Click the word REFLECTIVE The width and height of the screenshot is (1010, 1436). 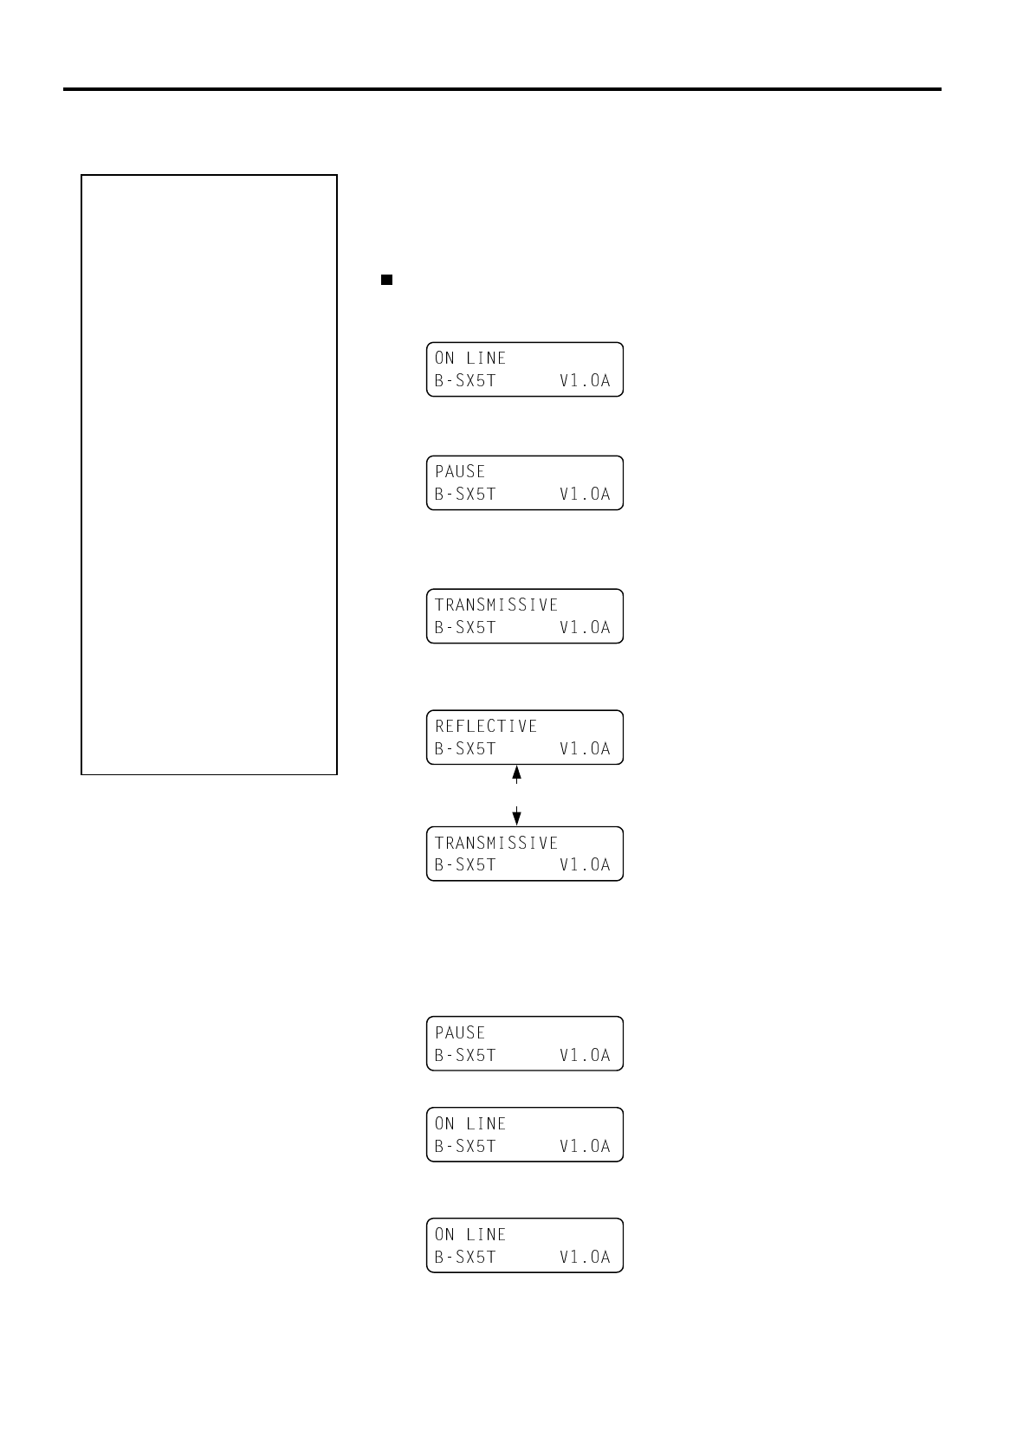(486, 726)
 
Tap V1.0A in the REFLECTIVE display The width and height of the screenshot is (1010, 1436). (585, 748)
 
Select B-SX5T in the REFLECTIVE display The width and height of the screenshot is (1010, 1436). (465, 748)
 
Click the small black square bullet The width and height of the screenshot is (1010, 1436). (387, 280)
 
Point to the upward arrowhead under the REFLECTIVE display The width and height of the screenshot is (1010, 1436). (517, 772)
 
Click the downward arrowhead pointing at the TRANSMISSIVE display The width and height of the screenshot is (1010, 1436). (517, 818)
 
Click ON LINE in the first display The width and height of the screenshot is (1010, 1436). (470, 358)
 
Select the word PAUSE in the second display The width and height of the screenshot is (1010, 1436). (460, 471)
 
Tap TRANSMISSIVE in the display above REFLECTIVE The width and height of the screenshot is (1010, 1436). (496, 605)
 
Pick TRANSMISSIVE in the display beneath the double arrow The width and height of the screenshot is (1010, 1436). (496, 843)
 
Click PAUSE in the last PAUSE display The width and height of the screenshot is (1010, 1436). (460, 1032)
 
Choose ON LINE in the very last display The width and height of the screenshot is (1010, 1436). (470, 1234)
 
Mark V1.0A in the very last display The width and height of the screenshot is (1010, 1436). (585, 1257)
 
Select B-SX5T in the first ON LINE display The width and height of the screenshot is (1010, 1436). (465, 380)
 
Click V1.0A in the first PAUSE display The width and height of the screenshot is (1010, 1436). (585, 494)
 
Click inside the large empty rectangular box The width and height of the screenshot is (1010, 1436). (209, 474)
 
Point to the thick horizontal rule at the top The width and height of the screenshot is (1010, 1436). (502, 89)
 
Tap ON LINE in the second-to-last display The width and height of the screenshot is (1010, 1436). (470, 1123)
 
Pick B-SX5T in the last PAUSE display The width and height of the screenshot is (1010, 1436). (465, 1055)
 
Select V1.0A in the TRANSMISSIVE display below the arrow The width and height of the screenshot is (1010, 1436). (585, 864)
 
